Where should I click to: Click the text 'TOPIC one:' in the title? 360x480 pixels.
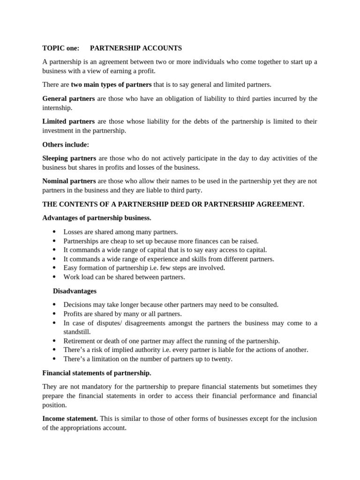(x=61, y=48)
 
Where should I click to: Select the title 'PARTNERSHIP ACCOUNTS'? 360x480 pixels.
(x=135, y=48)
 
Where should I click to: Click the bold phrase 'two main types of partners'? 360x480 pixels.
(x=111, y=85)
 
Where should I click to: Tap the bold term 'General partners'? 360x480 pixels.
(x=68, y=99)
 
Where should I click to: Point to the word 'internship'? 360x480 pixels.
(x=57, y=108)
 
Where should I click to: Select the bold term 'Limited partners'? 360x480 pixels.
(x=68, y=122)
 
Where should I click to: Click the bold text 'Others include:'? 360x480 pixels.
(x=66, y=145)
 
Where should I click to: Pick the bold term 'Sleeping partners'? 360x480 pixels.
(x=69, y=158)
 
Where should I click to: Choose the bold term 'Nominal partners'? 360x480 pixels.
(x=69, y=181)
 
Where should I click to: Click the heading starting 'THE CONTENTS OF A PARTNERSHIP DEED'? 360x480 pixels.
(x=173, y=204)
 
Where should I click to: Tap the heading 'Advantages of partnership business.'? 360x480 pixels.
(x=97, y=218)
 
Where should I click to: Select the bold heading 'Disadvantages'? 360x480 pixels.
(x=75, y=291)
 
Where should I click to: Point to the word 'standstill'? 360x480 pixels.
(x=77, y=332)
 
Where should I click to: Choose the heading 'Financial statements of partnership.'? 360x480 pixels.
(x=97, y=373)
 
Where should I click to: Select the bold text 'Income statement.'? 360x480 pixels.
(x=70, y=419)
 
